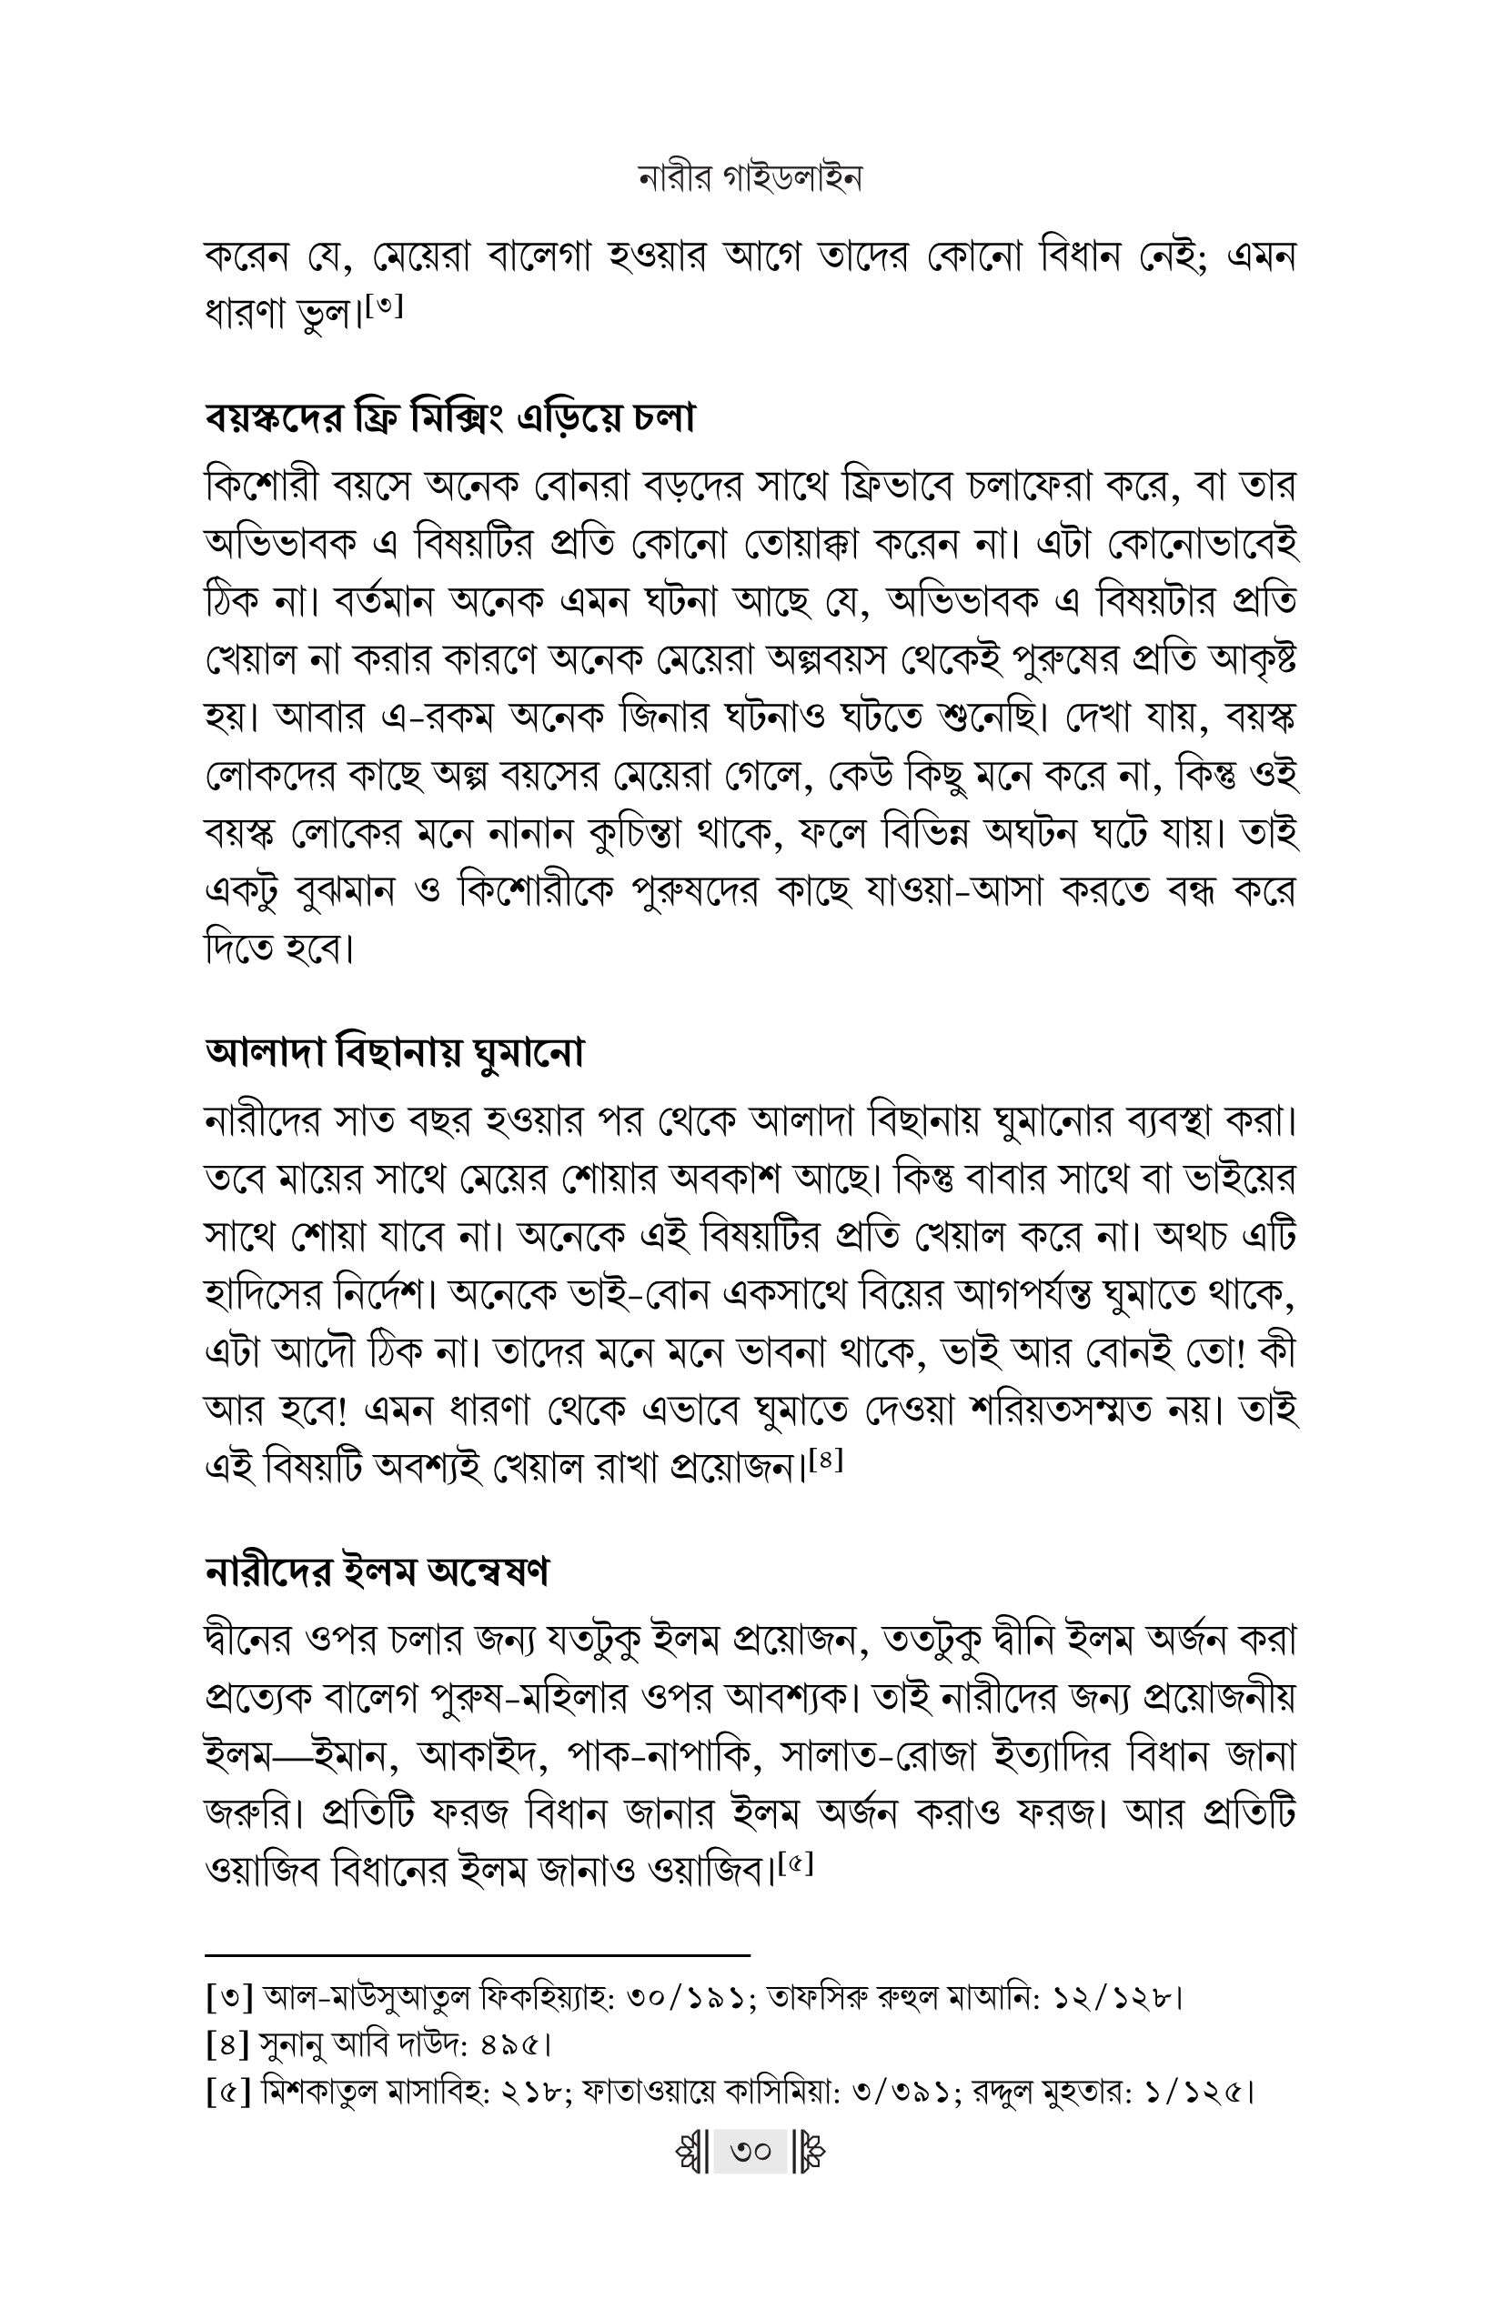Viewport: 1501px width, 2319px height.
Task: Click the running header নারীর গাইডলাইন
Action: (x=750, y=179)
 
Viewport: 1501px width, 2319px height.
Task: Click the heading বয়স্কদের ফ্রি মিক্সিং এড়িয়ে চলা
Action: (x=449, y=419)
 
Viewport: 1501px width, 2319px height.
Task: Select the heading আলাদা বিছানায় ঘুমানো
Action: (x=395, y=1054)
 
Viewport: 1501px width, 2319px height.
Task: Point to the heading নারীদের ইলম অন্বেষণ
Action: (x=377, y=1572)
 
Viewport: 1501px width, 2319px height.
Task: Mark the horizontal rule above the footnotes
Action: (x=478, y=1954)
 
